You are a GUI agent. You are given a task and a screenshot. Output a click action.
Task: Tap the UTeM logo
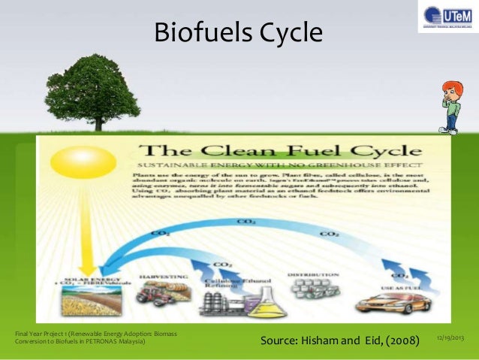447,16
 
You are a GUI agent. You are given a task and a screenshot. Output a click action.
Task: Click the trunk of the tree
91,120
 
